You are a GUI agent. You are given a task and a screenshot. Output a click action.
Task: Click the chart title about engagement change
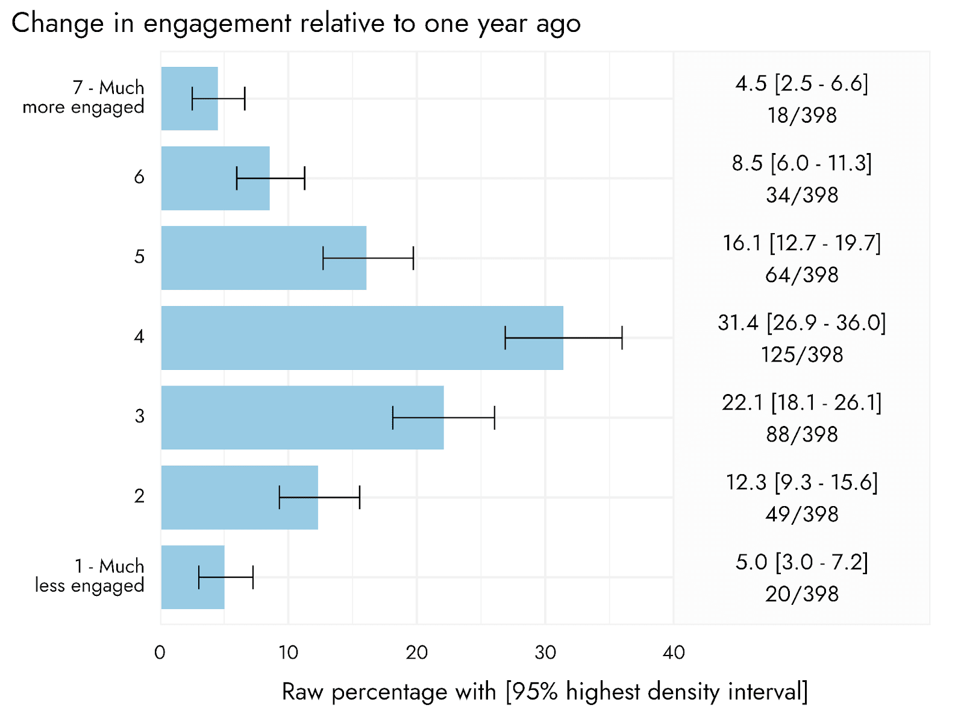coord(296,23)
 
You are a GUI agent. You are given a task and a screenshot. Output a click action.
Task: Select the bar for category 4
coord(362,337)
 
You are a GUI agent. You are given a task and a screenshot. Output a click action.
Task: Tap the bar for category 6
coord(215,178)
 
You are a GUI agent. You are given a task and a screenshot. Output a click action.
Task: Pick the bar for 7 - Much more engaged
coord(189,98)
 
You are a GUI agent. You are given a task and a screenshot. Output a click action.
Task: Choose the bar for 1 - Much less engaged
coord(193,577)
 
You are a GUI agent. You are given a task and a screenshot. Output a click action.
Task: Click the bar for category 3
coord(302,417)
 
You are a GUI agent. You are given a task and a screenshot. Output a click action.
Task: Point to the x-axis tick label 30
coord(545,653)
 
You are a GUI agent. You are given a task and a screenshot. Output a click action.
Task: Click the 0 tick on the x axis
coord(160,653)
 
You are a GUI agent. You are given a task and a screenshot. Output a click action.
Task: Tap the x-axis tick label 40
coord(673,653)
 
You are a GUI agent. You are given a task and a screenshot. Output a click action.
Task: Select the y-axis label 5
coord(139,257)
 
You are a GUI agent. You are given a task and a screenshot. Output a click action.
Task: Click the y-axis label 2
coord(139,496)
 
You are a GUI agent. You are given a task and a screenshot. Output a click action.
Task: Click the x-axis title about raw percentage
coord(545,692)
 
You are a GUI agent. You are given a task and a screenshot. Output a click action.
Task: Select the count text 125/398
coord(801,354)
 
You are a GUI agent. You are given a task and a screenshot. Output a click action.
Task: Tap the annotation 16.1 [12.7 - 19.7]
coord(801,243)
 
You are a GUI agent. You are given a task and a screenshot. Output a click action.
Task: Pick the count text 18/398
coord(801,115)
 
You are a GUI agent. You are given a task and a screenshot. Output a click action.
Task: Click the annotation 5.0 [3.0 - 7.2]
coord(801,562)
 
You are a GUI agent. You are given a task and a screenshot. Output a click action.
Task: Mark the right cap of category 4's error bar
coord(622,337)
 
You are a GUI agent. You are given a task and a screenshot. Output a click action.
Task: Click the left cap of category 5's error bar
coord(323,258)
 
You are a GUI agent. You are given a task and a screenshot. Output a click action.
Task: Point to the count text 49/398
coord(801,513)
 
